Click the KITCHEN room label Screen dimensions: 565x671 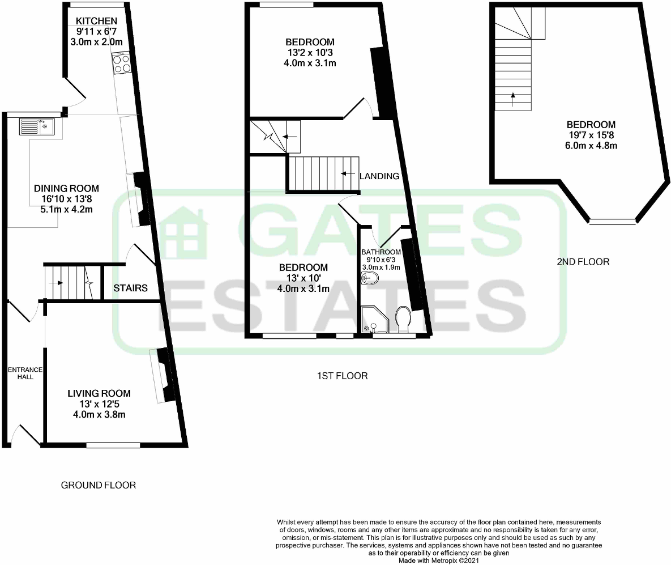98,22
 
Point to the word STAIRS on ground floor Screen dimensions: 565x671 130,288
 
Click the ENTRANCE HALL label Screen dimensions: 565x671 22,373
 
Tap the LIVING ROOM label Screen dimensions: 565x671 99,393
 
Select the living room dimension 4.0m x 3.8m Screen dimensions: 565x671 99,414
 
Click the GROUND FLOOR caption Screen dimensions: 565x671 99,485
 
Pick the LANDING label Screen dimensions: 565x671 379,176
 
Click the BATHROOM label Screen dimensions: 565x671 381,252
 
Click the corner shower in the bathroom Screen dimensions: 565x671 373,320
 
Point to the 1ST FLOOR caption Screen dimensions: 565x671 343,376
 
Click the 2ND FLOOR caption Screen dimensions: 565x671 584,262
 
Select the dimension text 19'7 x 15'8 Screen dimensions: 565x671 591,135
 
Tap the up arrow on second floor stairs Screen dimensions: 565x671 513,99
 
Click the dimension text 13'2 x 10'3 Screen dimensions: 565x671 310,53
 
